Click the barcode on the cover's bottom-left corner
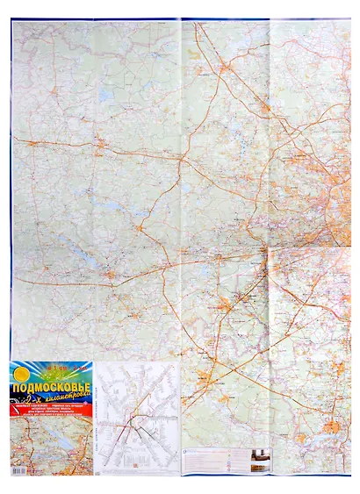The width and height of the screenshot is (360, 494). (18, 469)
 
